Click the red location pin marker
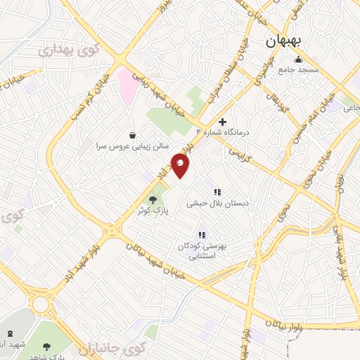(181, 166)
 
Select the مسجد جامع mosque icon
(299, 58)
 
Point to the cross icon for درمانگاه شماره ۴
(223, 122)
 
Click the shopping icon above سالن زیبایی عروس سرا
(132, 135)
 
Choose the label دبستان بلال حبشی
(218, 203)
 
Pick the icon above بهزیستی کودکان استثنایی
(202, 235)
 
